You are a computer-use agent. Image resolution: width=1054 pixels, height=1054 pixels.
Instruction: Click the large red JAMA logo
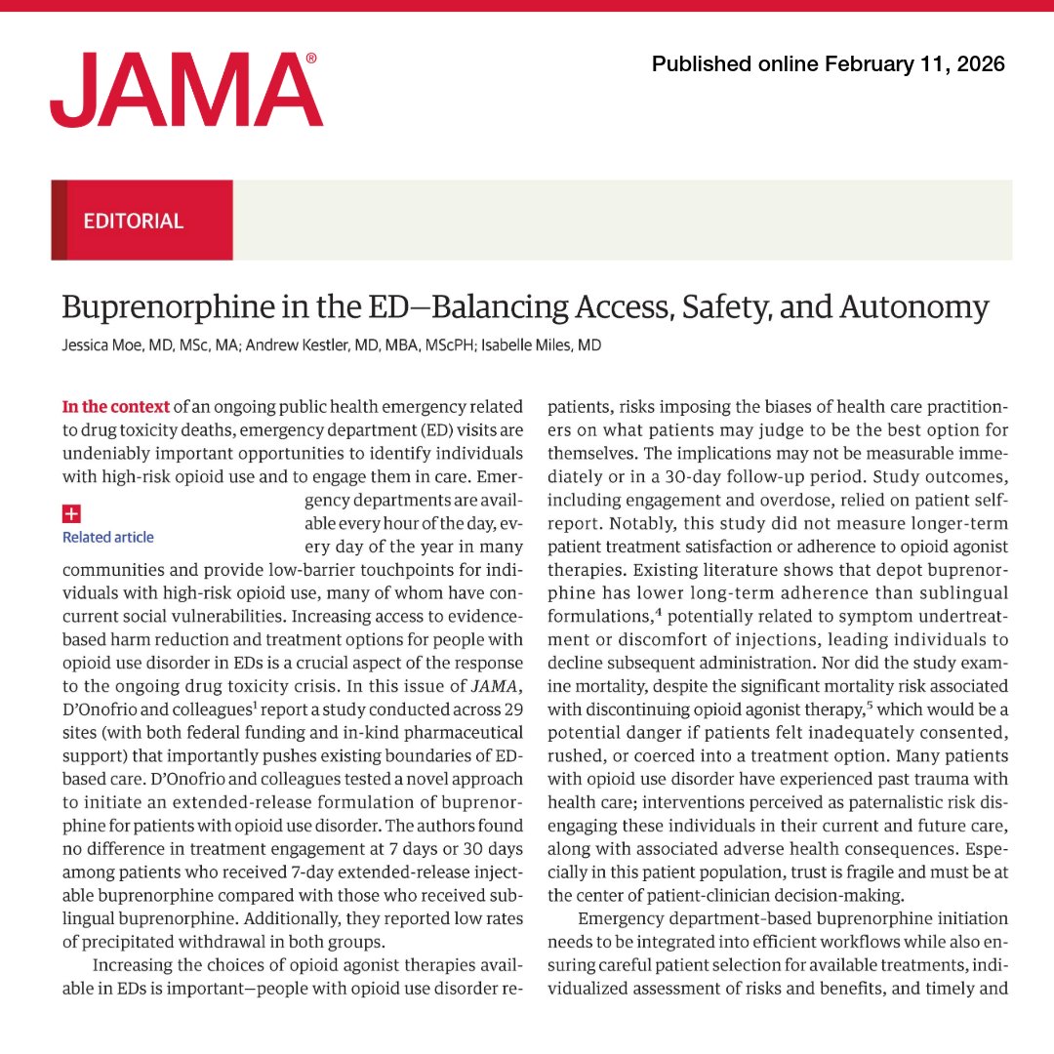point(185,91)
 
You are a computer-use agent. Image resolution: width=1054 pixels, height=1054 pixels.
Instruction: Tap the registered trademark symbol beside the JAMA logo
point(311,59)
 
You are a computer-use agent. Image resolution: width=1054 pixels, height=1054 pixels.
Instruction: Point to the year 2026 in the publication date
point(979,64)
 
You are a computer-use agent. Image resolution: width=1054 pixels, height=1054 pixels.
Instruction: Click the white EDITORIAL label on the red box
point(134,221)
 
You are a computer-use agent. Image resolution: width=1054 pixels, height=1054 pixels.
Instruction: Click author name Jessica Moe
point(100,345)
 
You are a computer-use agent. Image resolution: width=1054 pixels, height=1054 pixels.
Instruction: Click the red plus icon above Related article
point(70,514)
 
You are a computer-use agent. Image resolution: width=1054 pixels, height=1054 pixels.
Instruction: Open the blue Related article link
point(108,537)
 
